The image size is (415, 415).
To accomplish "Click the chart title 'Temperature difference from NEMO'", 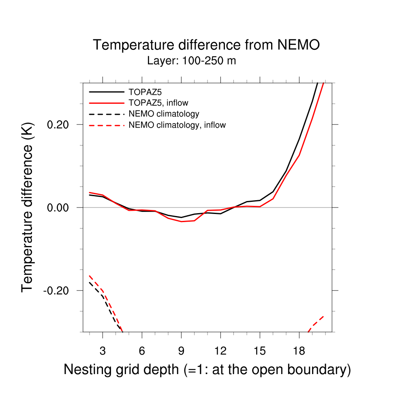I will click(206, 45).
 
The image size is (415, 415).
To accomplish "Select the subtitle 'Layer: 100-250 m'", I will click(191, 61).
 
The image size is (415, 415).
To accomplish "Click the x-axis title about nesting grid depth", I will click(207, 370).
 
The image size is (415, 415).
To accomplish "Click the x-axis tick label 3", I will click(103, 351).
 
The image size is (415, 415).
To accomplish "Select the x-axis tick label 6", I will click(142, 351).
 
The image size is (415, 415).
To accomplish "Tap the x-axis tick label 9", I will click(181, 351).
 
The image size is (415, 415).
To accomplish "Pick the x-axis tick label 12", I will click(220, 351).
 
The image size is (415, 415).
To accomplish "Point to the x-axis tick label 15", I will click(259, 351).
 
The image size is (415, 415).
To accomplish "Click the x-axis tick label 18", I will click(299, 351).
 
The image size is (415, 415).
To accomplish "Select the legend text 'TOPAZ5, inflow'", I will click(158, 103).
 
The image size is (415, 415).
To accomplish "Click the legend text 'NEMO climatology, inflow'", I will click(177, 125).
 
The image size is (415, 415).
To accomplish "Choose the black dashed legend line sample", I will click(106, 114).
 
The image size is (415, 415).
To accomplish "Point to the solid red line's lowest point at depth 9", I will click(181, 222).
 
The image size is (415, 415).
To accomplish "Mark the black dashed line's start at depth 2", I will click(90, 282).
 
